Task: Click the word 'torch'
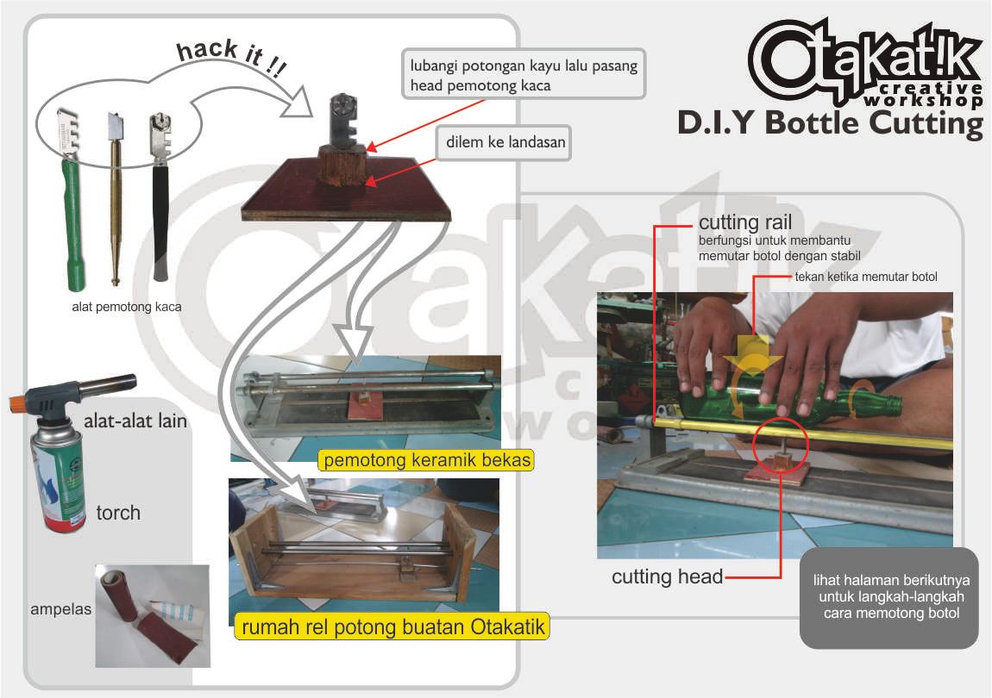(118, 513)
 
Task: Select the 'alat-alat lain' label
(135, 422)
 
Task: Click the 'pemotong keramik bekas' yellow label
(426, 460)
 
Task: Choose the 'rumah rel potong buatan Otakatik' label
(392, 626)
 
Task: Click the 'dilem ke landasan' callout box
(505, 142)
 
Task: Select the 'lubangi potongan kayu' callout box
(524, 75)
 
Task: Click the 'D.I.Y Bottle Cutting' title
(830, 122)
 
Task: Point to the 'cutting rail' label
(745, 224)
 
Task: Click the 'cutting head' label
(667, 576)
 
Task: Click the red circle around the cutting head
(780, 446)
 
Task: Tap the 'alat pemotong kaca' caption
(127, 305)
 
